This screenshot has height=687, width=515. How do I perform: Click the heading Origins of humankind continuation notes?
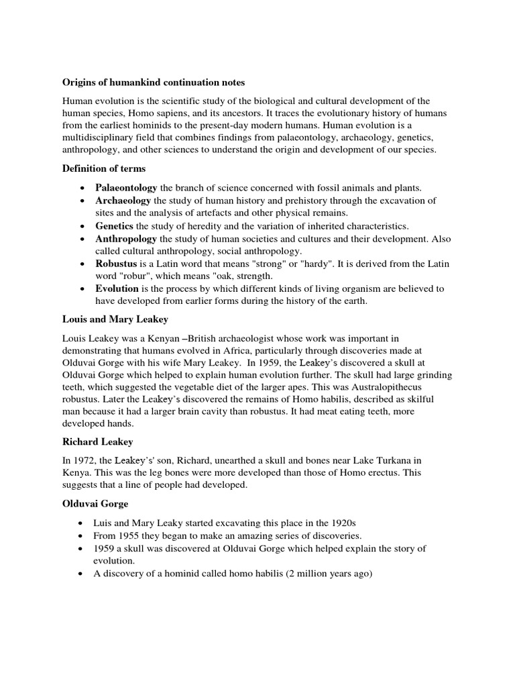coord(154,83)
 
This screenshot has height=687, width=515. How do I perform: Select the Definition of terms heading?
coord(104,168)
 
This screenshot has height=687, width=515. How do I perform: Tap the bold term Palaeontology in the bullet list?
coord(126,187)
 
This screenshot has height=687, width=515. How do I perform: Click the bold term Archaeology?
coord(124,201)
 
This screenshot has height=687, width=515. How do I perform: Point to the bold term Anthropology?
coord(126,239)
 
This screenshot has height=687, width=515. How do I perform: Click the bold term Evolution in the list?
coord(117,288)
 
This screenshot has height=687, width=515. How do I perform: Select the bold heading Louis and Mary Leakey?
coord(115,319)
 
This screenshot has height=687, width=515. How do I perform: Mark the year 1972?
coord(85,460)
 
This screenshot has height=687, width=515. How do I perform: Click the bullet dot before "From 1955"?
coord(81,536)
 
